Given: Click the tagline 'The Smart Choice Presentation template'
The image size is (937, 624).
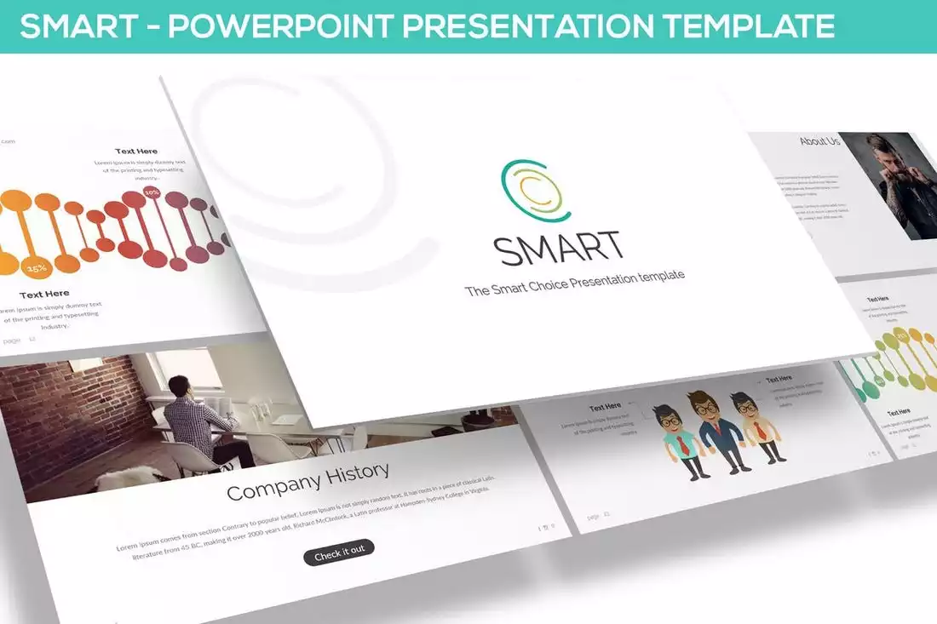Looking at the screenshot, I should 575,283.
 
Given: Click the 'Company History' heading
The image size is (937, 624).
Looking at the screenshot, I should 308,481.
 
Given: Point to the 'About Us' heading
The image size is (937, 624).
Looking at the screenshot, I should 819,141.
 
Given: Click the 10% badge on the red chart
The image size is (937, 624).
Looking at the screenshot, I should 152,193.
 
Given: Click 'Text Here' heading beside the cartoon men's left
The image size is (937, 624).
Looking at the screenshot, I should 605,407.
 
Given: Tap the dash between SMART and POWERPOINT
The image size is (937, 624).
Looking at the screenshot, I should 154,27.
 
